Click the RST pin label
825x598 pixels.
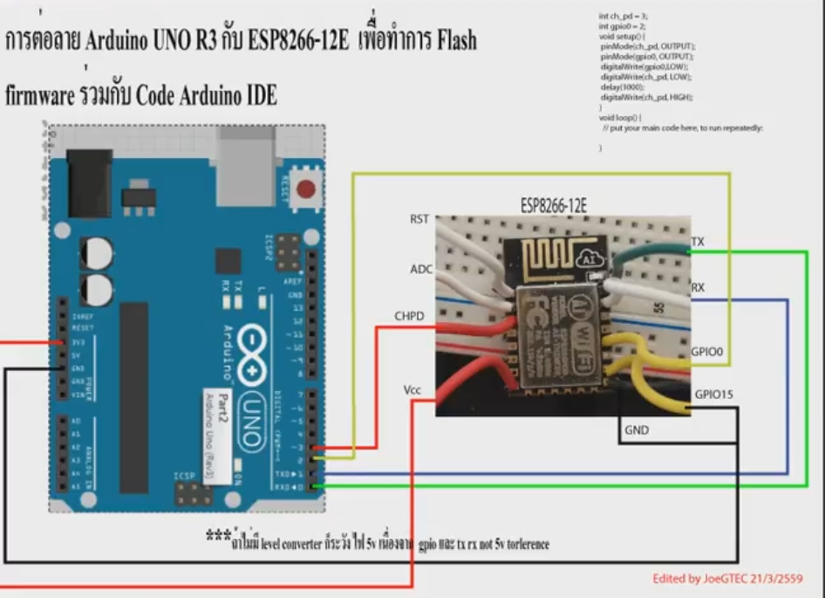click(419, 219)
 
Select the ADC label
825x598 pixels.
click(421, 269)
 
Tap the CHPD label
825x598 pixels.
click(409, 316)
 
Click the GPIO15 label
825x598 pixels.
click(714, 395)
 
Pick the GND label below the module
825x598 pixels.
click(637, 430)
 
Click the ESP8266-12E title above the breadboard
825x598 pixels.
click(554, 206)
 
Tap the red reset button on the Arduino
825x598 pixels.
click(305, 189)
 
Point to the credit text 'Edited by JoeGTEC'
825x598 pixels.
click(726, 579)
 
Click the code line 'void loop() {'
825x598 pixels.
click(620, 117)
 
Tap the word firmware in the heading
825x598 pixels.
click(40, 95)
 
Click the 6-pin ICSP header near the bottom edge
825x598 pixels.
click(186, 495)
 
